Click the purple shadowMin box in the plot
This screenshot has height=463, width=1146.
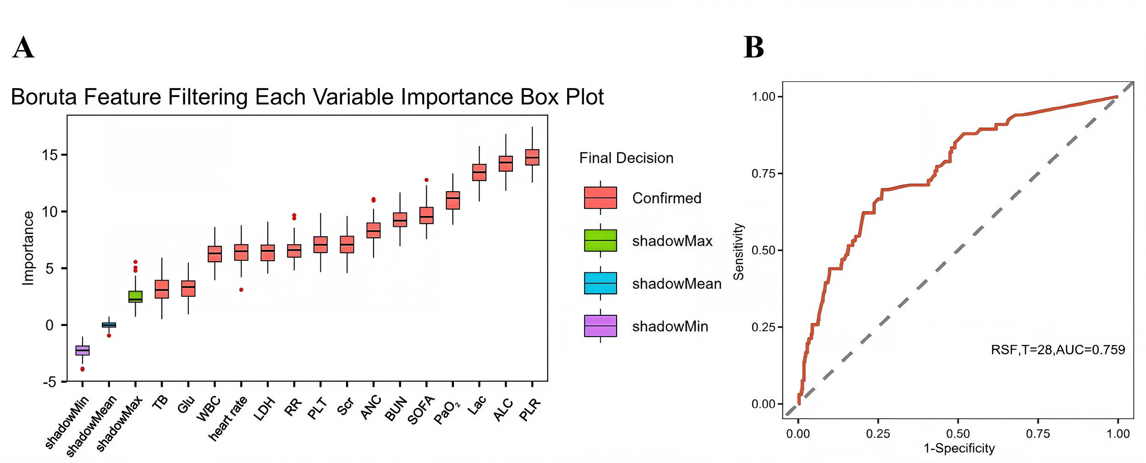83,350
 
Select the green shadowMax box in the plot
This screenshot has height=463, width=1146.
135,297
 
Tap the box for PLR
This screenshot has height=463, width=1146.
532,157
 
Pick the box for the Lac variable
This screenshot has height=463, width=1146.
479,172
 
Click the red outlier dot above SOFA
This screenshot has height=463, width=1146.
426,180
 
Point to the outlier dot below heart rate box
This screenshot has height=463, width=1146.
241,290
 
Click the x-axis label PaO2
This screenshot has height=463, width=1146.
446,413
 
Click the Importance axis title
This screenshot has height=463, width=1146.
28,248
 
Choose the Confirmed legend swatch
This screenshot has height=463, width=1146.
601,198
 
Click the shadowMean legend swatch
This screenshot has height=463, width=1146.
601,283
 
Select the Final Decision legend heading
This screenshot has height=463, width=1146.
626,158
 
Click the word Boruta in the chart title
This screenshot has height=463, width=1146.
44,97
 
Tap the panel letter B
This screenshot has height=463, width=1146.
754,48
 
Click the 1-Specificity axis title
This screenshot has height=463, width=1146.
959,448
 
